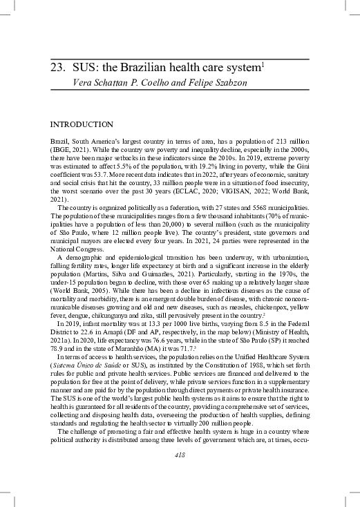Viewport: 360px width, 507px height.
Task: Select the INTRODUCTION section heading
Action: (x=82, y=124)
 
